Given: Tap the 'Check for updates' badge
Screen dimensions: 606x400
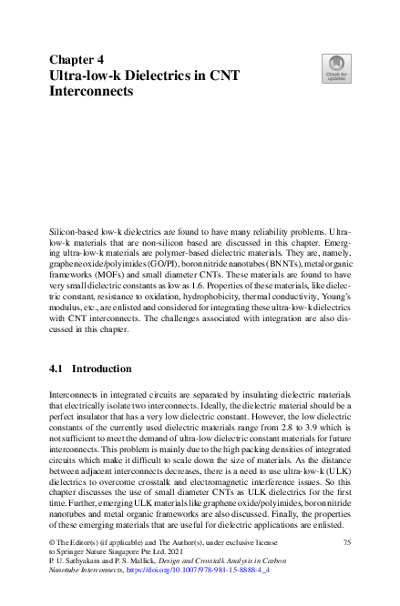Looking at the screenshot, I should (x=337, y=66).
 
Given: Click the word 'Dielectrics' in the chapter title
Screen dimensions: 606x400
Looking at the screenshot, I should (x=153, y=76).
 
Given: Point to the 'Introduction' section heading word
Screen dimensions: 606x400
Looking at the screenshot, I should (x=102, y=369).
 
